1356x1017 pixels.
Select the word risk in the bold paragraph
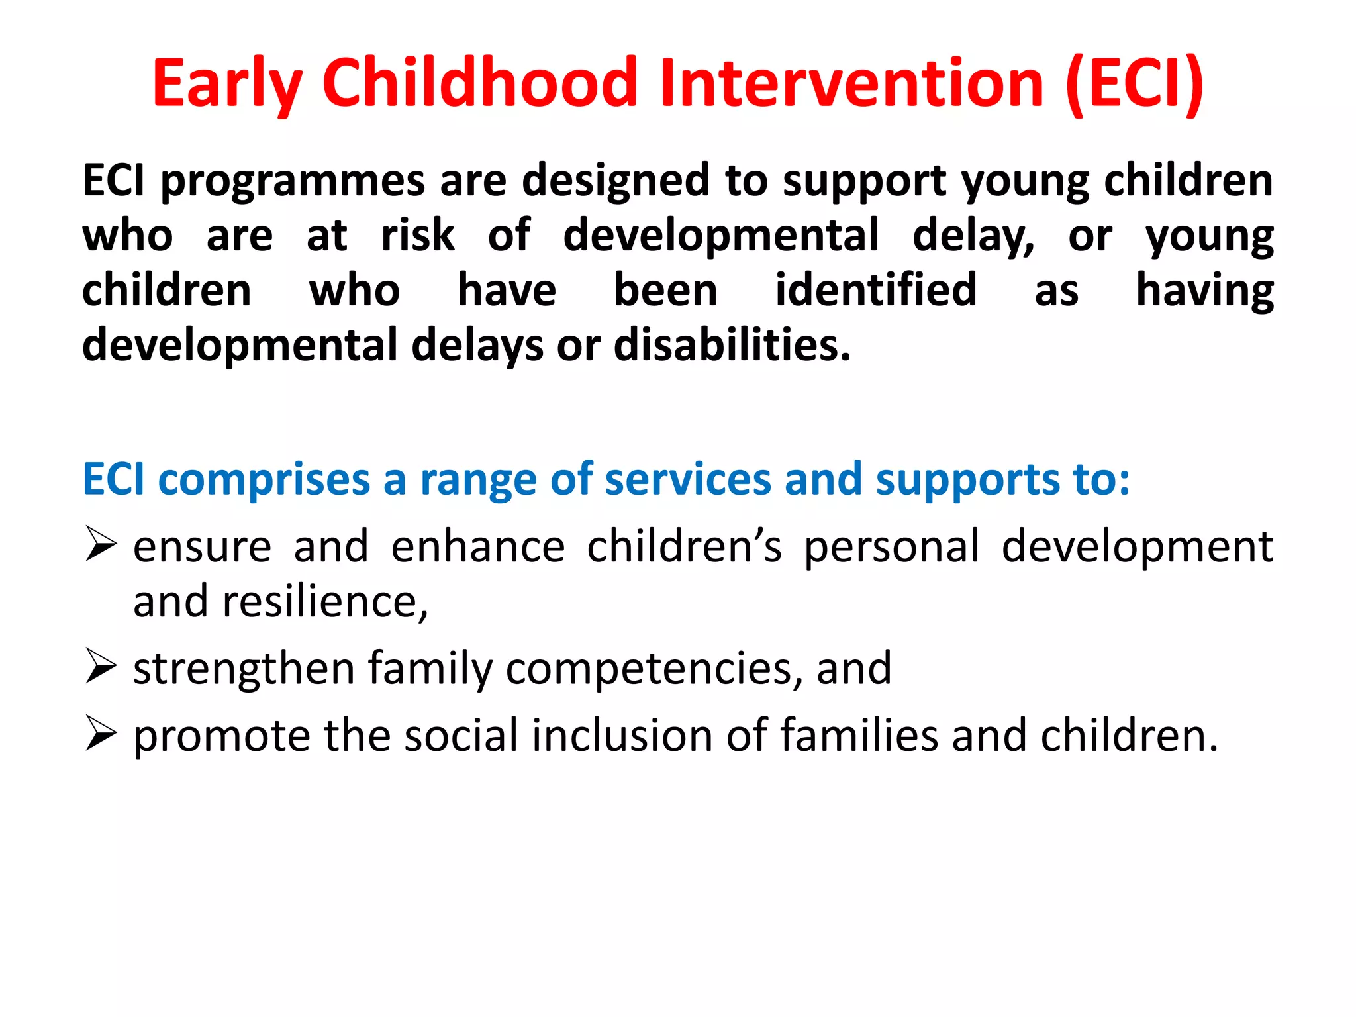click(418, 235)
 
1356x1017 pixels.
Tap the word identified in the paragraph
click(875, 289)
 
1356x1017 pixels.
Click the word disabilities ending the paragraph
click(732, 345)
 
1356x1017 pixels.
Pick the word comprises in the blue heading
click(264, 479)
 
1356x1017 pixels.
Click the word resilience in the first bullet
click(324, 601)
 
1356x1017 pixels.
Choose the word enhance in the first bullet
click(477, 546)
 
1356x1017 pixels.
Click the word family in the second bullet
click(430, 667)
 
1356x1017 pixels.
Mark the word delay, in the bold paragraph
click(973, 235)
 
